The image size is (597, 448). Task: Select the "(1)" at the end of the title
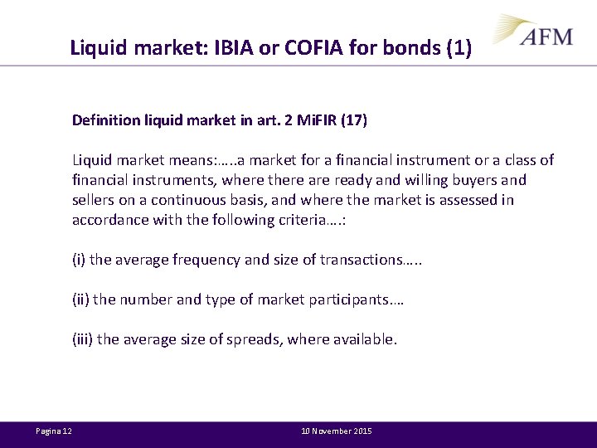coord(459,48)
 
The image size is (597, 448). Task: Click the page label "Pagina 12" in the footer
coord(54,431)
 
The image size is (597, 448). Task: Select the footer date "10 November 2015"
coord(337,431)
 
